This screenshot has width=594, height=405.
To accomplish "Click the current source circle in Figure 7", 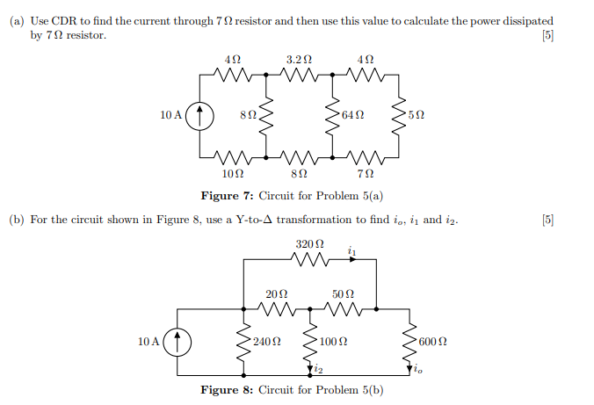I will tap(201, 114).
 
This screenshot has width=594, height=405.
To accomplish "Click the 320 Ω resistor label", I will tap(310, 242).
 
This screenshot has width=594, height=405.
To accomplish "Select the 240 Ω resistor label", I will tap(265, 340).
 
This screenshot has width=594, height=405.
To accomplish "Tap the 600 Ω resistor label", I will tap(433, 340).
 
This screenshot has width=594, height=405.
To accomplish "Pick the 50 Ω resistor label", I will tap(343, 293).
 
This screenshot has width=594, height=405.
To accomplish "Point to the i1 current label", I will tap(351, 251).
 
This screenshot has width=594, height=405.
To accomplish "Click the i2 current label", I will tap(319, 370).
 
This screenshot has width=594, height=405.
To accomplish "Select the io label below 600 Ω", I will tap(418, 370).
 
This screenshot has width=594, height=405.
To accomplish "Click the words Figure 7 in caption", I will tap(226, 195).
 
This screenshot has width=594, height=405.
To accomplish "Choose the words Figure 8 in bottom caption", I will tap(226, 389).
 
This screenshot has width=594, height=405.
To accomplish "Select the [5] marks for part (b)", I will tap(548, 219).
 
